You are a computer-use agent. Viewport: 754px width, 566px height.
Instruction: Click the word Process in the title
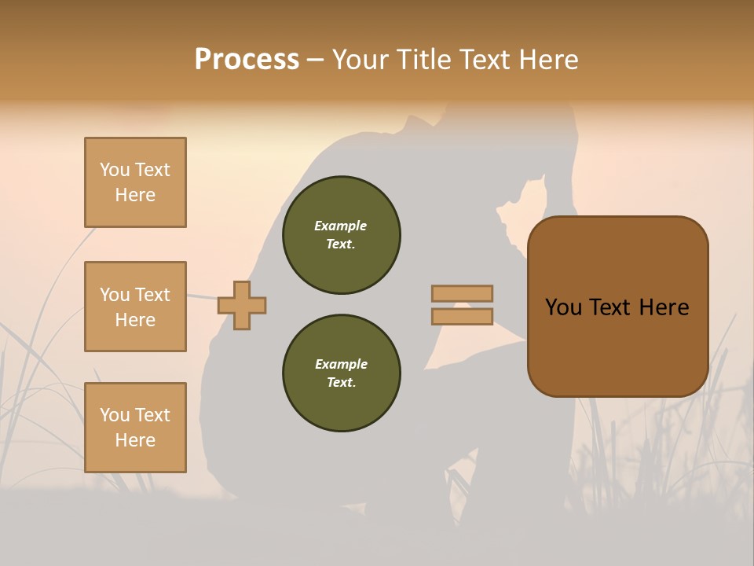point(247,60)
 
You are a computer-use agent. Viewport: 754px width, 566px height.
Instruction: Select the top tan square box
point(135,182)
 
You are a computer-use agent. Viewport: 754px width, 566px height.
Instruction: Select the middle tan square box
point(135,307)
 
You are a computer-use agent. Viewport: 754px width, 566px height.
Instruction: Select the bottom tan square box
point(135,427)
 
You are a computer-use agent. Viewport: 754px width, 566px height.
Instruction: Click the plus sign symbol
point(242,305)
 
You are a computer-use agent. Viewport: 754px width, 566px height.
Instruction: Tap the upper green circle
point(341,235)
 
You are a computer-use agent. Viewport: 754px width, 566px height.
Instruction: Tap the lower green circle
point(341,373)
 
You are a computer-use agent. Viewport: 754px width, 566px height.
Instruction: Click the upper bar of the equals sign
point(462,293)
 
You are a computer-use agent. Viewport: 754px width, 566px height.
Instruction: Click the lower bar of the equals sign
point(462,316)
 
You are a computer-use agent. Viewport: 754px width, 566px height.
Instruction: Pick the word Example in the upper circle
point(341,226)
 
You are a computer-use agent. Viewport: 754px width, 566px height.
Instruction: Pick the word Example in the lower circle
point(341,365)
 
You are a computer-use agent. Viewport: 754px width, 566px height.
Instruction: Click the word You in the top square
point(114,170)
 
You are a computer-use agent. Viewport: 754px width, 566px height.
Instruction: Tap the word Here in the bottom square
point(135,440)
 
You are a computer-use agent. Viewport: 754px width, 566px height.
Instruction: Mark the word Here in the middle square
point(135,320)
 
